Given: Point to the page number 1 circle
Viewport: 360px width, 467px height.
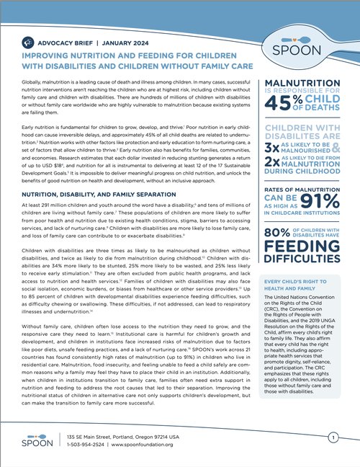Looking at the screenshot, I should tap(332, 438).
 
